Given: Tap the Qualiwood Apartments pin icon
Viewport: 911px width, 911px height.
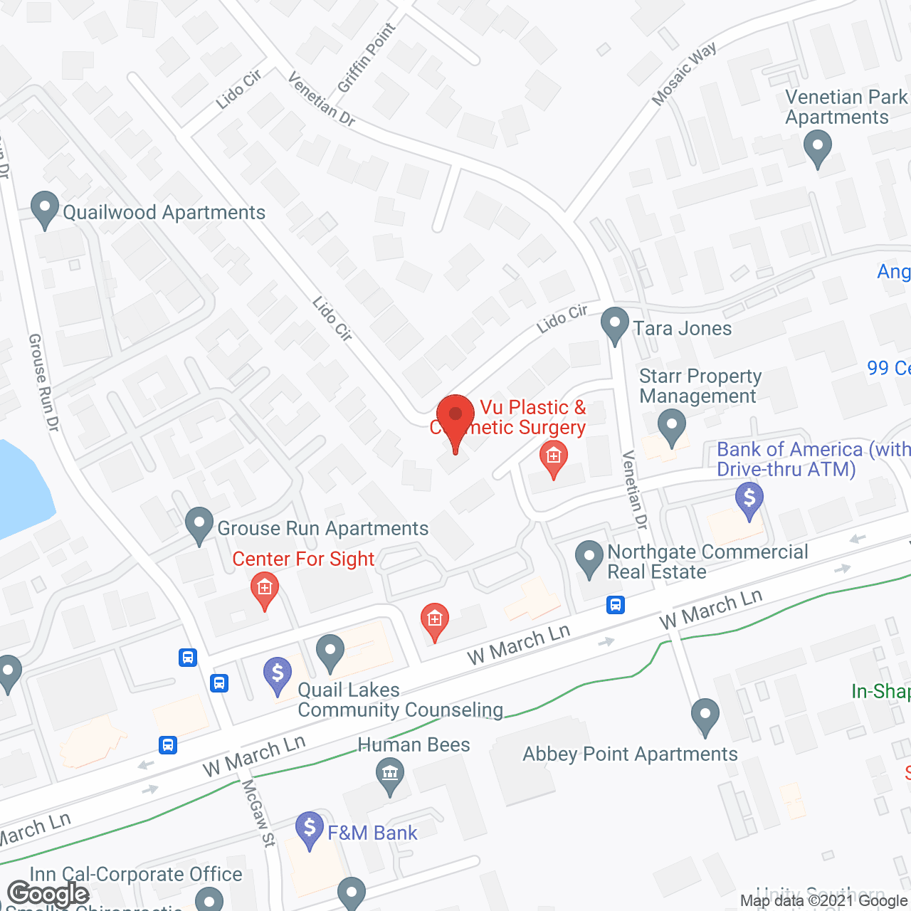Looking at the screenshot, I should pyautogui.click(x=45, y=210).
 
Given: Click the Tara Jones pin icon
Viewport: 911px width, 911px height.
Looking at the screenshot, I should pyautogui.click(x=615, y=325).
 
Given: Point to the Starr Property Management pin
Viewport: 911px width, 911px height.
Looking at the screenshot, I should pyautogui.click(x=671, y=427).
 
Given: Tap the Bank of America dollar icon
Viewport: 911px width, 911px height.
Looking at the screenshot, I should pyautogui.click(x=749, y=500).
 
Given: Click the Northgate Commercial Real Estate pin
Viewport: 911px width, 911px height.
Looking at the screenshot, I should pyautogui.click(x=589, y=559).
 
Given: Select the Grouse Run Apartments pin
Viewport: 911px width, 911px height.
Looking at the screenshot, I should pyautogui.click(x=199, y=525).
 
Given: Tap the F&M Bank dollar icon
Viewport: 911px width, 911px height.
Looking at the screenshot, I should pyautogui.click(x=310, y=829).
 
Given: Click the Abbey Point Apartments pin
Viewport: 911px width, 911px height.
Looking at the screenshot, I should pyautogui.click(x=705, y=716).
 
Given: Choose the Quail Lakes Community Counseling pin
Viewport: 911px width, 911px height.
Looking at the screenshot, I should pyautogui.click(x=330, y=652).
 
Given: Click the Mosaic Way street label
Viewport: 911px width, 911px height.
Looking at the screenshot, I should pyautogui.click(x=684, y=75).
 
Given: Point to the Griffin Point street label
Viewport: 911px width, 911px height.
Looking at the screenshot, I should pyautogui.click(x=367, y=58).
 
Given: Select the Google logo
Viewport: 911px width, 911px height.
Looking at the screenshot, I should pyautogui.click(x=48, y=894).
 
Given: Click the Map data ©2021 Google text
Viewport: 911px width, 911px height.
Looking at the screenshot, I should pyautogui.click(x=823, y=901).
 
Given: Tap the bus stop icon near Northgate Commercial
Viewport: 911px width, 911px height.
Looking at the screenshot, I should pyautogui.click(x=616, y=605).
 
